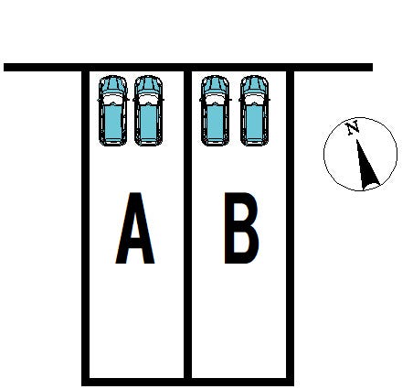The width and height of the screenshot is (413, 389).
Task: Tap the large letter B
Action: tap(240, 228)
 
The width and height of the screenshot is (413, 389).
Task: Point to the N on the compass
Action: tap(353, 127)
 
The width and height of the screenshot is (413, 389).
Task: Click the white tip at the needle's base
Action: tap(371, 187)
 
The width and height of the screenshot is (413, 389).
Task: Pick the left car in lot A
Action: tap(112, 111)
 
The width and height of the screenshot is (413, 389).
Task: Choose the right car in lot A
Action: tap(148, 111)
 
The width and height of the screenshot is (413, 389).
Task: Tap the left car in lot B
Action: tap(215, 111)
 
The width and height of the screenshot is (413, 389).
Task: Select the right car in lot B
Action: tap(254, 111)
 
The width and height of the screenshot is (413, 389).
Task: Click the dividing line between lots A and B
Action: tap(188, 224)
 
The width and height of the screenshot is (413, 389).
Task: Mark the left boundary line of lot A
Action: tap(86, 224)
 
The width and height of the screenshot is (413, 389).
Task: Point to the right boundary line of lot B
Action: tap(290, 224)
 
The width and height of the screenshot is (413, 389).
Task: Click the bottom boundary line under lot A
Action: tap(134, 382)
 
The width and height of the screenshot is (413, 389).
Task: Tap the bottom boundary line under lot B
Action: tap(241, 382)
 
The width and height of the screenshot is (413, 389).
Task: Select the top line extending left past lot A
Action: tap(43, 67)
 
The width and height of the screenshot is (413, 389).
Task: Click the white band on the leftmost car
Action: tap(112, 99)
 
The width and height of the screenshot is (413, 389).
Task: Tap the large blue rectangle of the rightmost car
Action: tap(254, 122)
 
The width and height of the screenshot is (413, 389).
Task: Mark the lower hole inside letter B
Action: tap(241, 242)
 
